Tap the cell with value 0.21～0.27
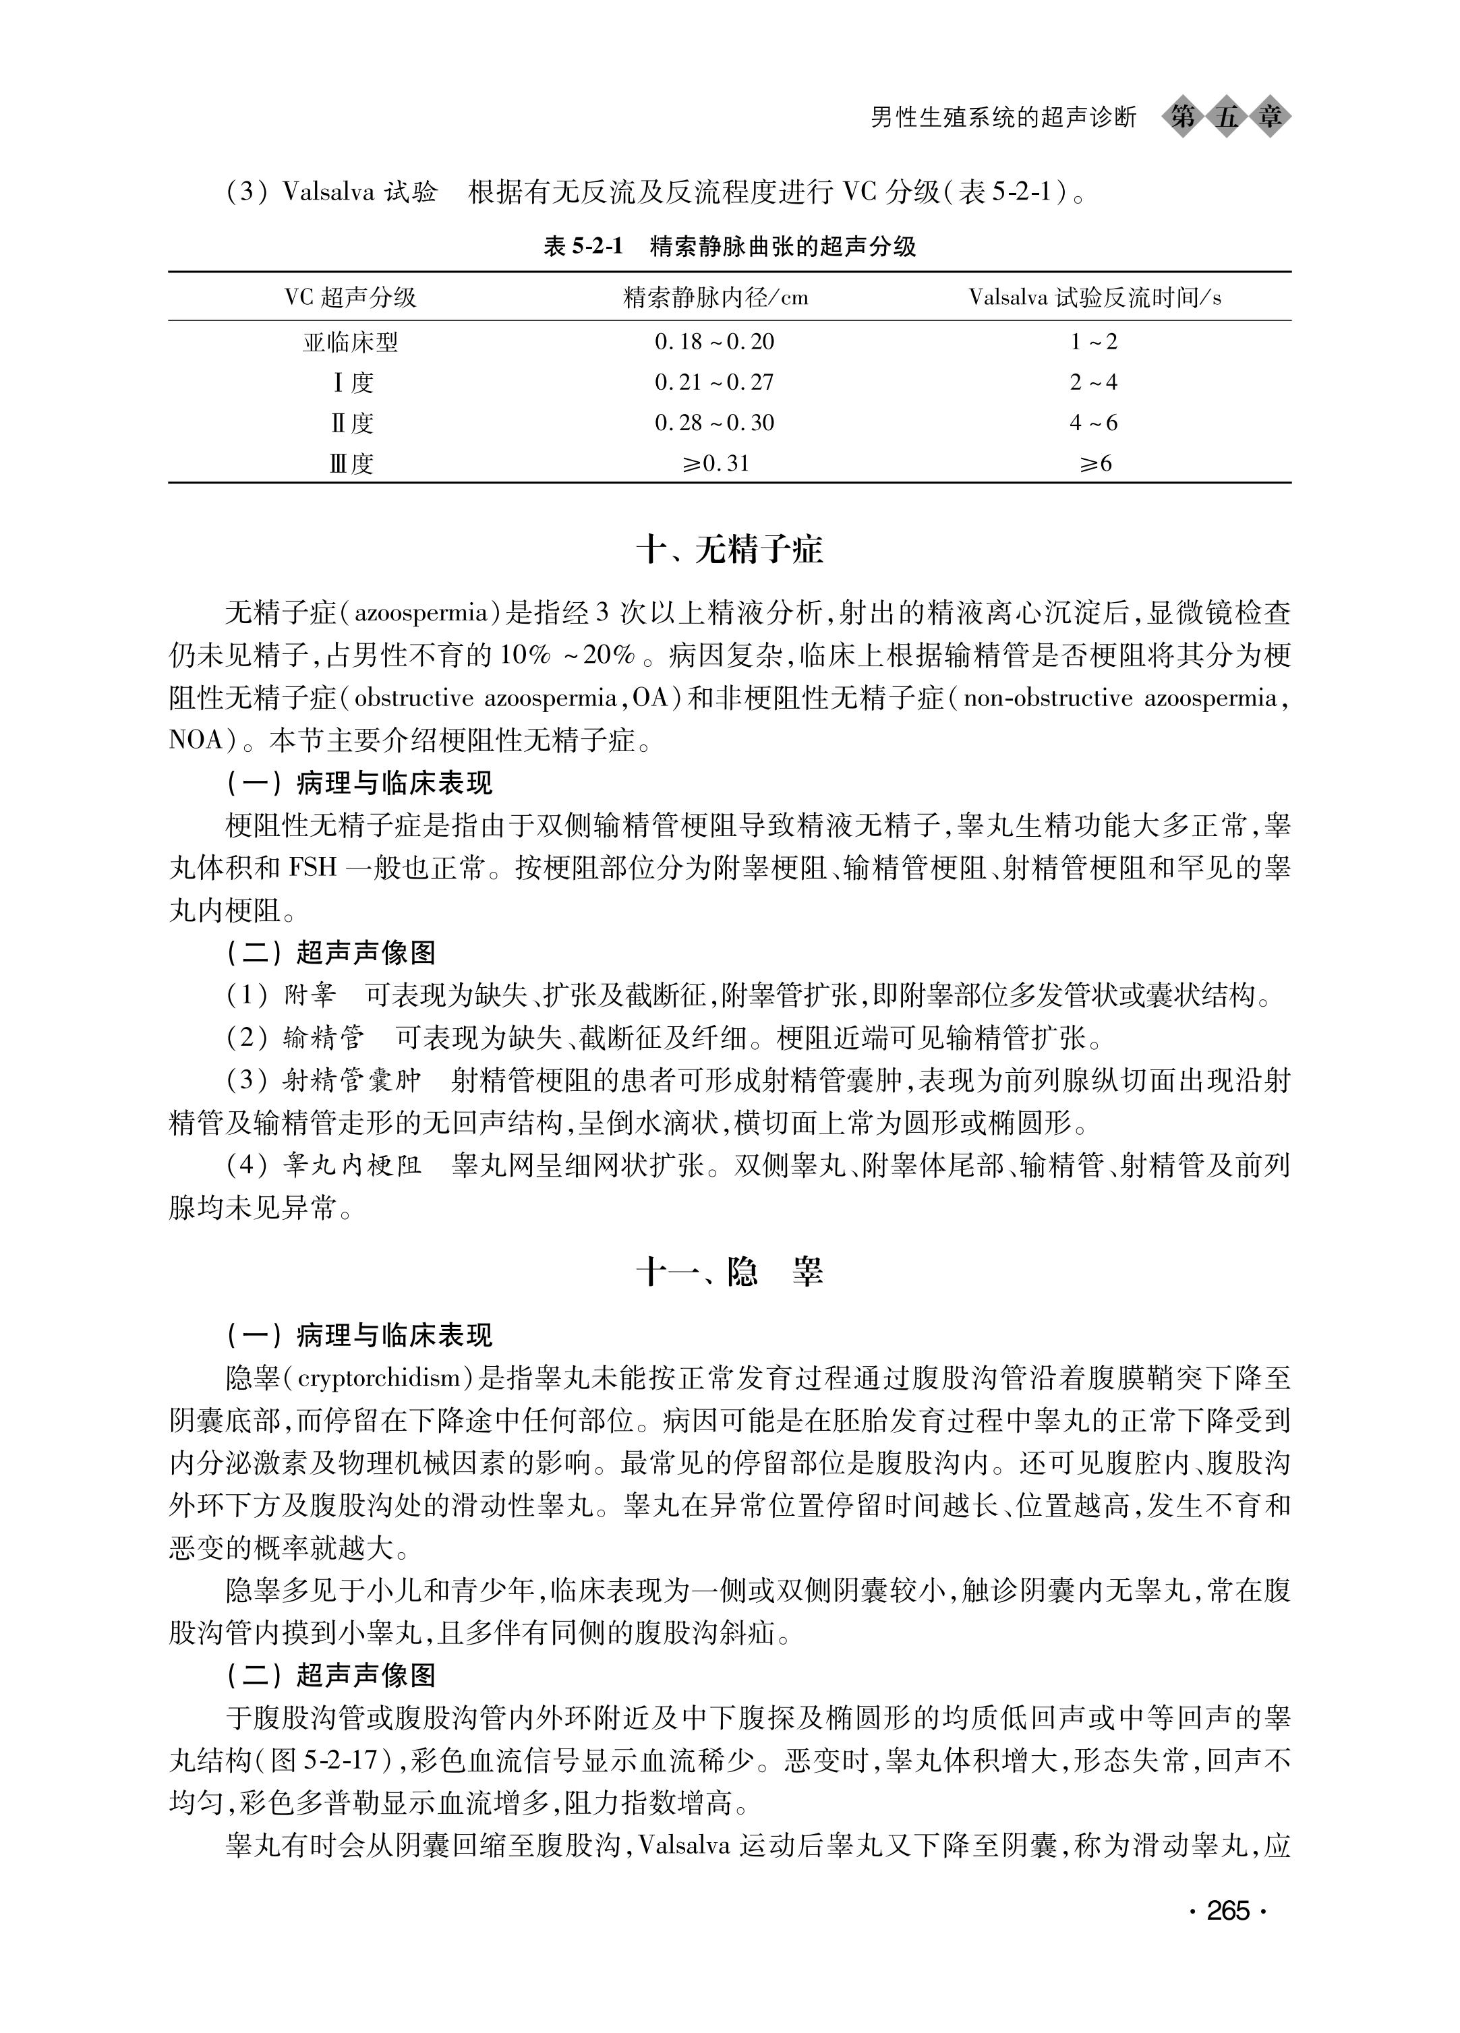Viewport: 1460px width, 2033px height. [713, 383]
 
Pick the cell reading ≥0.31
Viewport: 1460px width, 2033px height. [713, 463]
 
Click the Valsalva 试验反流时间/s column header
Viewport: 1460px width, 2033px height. [1094, 297]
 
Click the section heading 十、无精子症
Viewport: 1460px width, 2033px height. [730, 550]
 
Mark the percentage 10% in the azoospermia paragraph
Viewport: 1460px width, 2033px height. [528, 656]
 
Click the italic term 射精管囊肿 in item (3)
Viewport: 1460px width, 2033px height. [351, 1081]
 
